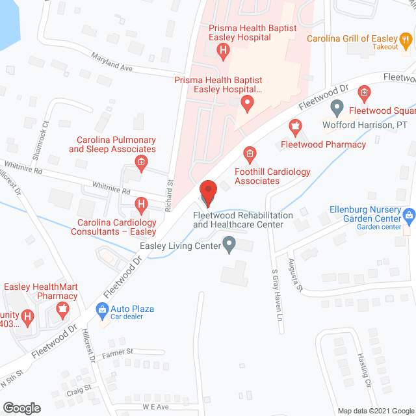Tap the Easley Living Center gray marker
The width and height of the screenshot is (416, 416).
point(229,245)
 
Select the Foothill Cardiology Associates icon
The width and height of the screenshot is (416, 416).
point(249,154)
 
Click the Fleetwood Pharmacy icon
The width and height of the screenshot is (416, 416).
point(296,125)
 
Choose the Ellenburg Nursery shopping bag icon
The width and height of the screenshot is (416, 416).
point(409,214)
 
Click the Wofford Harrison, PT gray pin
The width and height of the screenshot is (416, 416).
point(337,106)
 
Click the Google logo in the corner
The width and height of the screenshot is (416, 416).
point(21,408)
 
